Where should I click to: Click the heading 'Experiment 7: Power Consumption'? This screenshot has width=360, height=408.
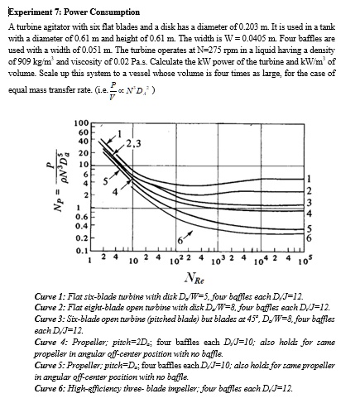65,7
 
